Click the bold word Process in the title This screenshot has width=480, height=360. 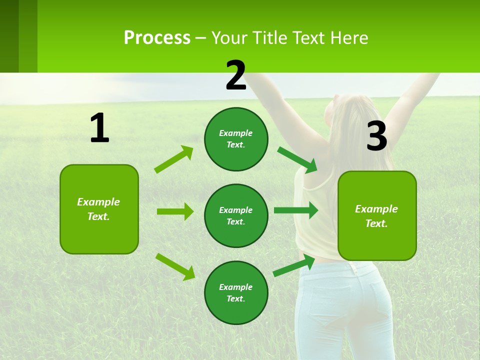157,37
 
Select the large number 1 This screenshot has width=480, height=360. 99,128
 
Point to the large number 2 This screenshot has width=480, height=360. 236,75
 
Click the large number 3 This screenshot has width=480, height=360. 376,136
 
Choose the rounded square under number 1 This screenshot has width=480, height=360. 99,209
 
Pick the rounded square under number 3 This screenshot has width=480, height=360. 377,215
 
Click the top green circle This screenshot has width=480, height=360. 236,139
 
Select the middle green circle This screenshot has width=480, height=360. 236,215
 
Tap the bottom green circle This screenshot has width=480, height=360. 236,292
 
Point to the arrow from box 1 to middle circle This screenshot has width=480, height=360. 175,211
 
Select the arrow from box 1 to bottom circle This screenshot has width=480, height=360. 175,266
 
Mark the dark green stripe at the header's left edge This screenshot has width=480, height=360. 9,36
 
